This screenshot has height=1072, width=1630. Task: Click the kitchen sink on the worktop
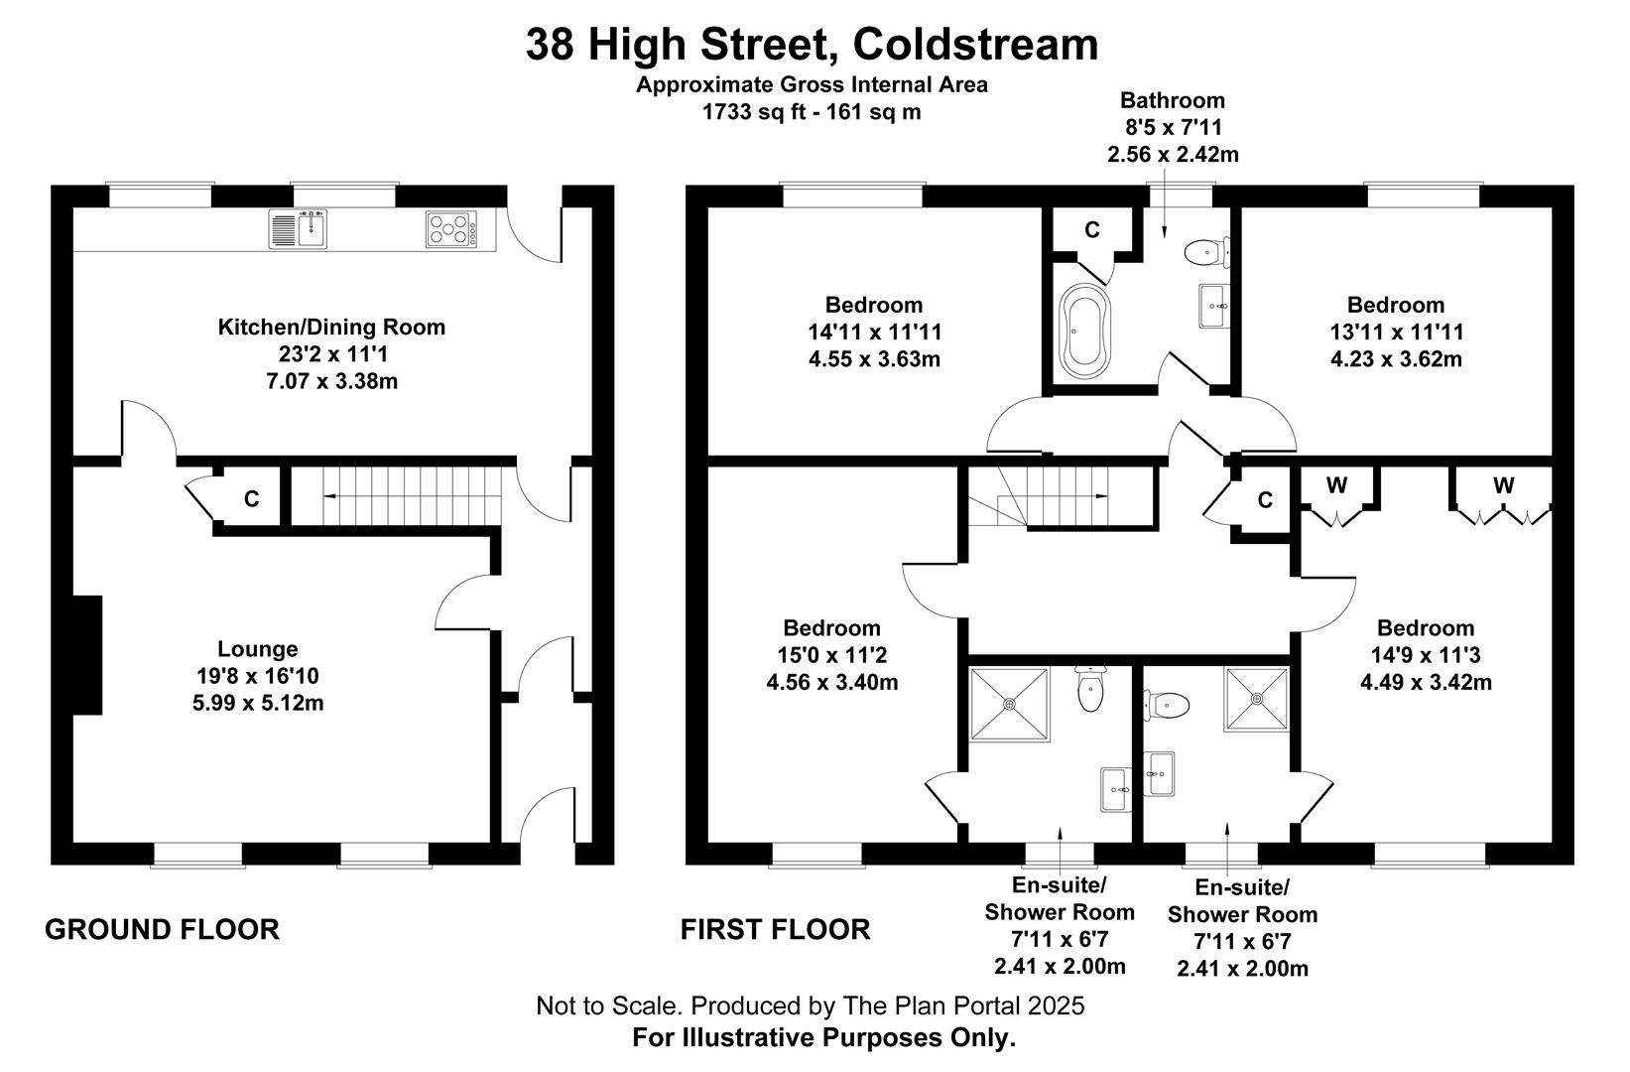[298, 228]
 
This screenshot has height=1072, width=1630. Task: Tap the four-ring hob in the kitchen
[451, 228]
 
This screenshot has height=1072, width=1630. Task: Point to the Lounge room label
[258, 649]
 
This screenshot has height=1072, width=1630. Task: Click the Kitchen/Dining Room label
[331, 327]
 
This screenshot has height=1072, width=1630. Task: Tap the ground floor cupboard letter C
[252, 499]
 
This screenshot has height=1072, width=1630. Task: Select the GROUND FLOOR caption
[163, 930]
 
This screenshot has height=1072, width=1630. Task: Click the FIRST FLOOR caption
[776, 930]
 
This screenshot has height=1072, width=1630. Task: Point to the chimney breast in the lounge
[87, 655]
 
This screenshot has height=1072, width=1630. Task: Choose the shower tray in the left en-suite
[1010, 704]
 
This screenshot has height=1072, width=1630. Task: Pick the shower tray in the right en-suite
[1257, 699]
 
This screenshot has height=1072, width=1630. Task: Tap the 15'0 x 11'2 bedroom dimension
[832, 655]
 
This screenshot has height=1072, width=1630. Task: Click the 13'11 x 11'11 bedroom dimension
[1397, 333]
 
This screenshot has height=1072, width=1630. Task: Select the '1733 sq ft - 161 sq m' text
[812, 112]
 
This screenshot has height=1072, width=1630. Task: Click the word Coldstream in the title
[976, 44]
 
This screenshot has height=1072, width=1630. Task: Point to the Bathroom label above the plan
[1173, 100]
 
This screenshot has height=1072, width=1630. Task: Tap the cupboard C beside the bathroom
[1092, 230]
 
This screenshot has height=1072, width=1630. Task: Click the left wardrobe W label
[1336, 485]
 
